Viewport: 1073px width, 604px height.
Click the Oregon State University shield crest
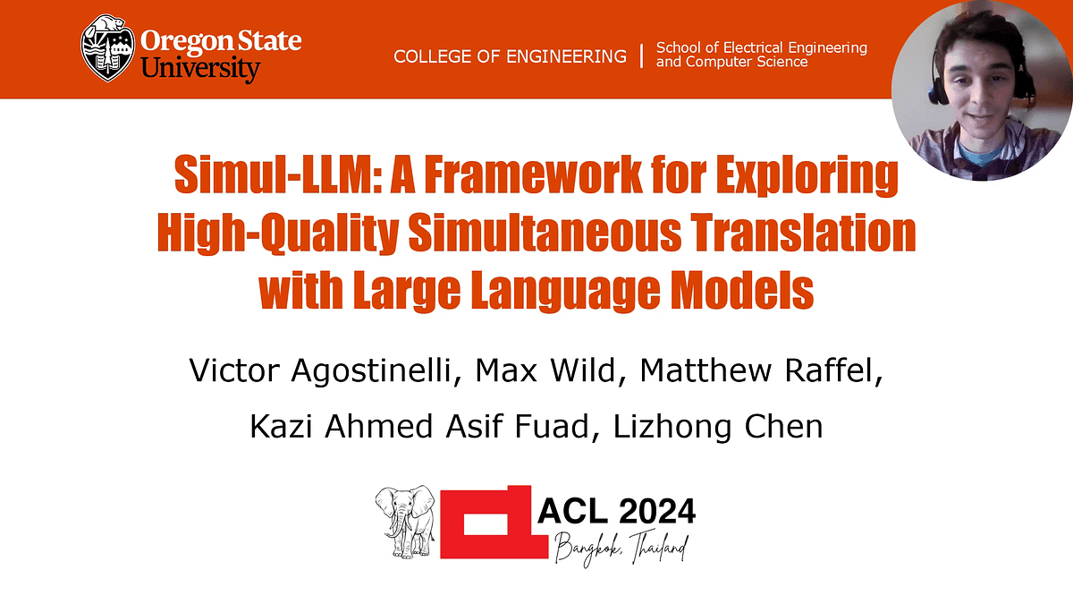pos(107,48)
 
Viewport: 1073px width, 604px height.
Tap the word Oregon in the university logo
pos(179,42)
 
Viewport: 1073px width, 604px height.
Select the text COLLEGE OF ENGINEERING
pos(511,56)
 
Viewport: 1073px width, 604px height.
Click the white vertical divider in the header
pos(641,56)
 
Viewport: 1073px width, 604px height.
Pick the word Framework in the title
pos(533,174)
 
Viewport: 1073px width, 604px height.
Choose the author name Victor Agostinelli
pos(320,370)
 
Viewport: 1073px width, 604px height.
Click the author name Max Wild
pos(545,370)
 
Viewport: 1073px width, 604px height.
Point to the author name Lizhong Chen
pos(718,427)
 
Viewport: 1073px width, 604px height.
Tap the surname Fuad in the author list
pos(552,427)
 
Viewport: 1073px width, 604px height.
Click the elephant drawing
pos(405,522)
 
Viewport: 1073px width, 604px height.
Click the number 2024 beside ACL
pos(656,511)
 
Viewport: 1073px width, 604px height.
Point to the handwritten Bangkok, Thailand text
pos(621,549)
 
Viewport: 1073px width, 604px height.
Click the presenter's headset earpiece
pos(938,91)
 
